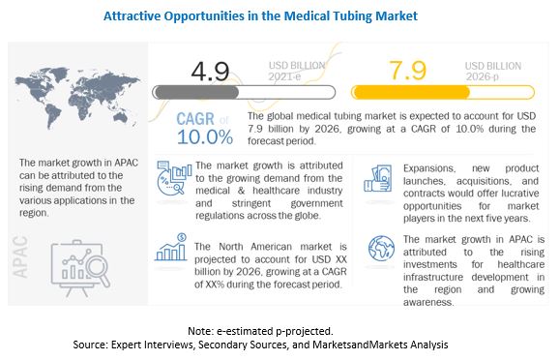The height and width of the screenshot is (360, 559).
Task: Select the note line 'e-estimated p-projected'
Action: pyautogui.click(x=279, y=329)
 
